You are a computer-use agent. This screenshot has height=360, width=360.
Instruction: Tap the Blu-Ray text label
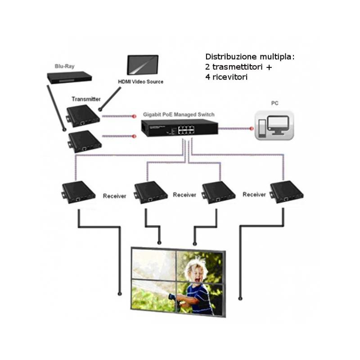point(64,67)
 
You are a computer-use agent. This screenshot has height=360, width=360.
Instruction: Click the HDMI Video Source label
point(140,82)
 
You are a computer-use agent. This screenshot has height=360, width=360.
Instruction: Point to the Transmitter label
point(86,99)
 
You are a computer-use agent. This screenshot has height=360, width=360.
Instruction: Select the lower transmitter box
point(85,141)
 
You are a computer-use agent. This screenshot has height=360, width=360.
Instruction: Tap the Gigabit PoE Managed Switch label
point(179,114)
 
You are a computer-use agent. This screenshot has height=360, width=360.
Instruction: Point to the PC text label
point(274,103)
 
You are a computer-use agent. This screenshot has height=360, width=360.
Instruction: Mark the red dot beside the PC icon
point(252,128)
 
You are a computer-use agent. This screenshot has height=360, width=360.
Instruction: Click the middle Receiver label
point(184,195)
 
